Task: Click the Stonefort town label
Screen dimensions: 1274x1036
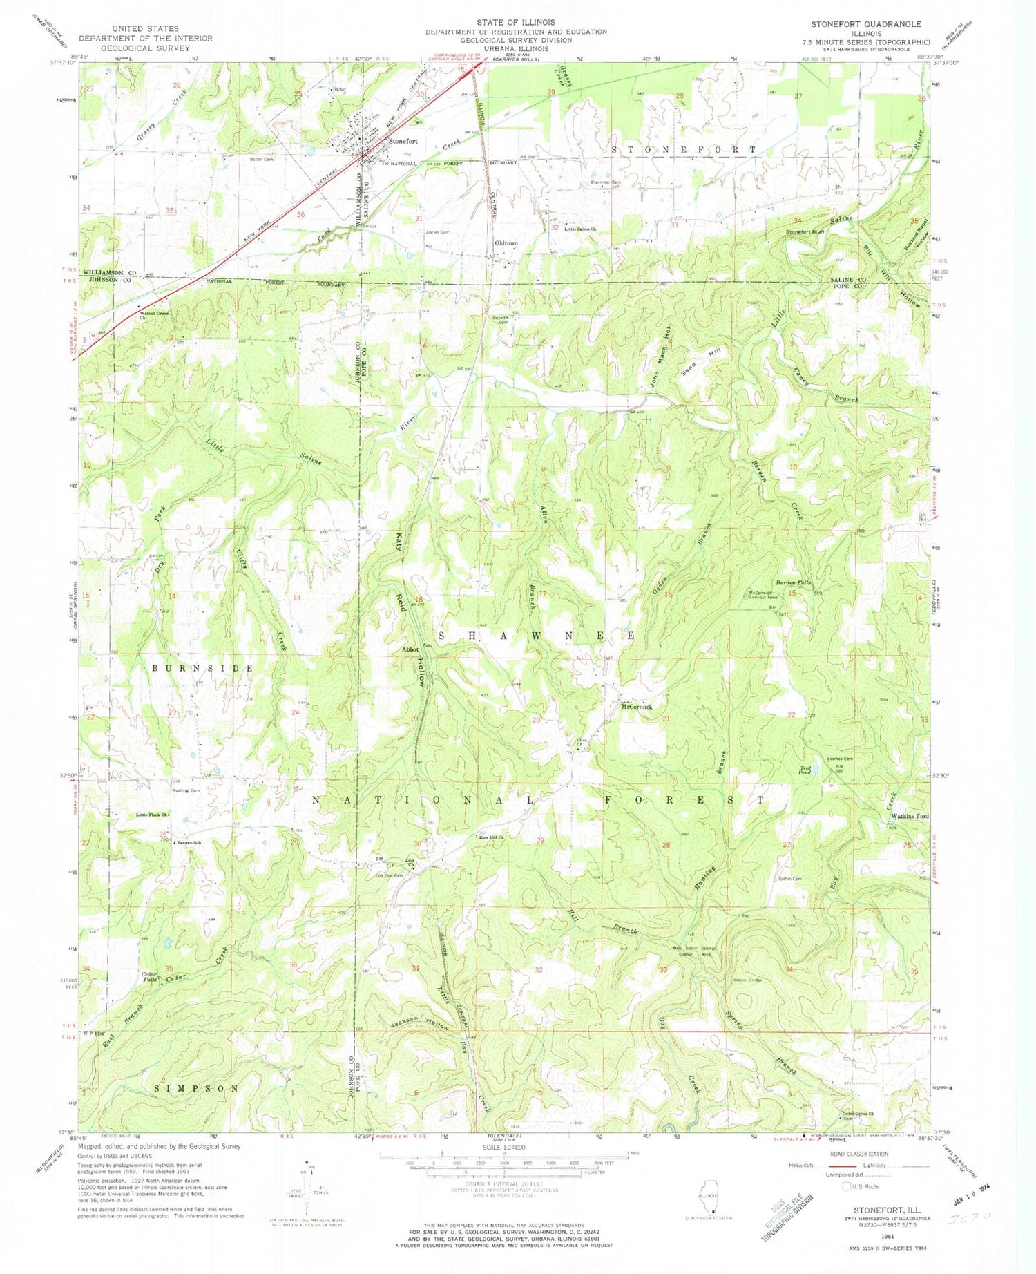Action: click(403, 141)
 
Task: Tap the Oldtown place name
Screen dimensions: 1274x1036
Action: click(506, 243)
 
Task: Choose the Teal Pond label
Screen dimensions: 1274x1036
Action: click(805, 772)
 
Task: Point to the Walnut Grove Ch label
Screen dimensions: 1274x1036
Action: click(154, 315)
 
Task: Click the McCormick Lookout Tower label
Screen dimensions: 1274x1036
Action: click(763, 595)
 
